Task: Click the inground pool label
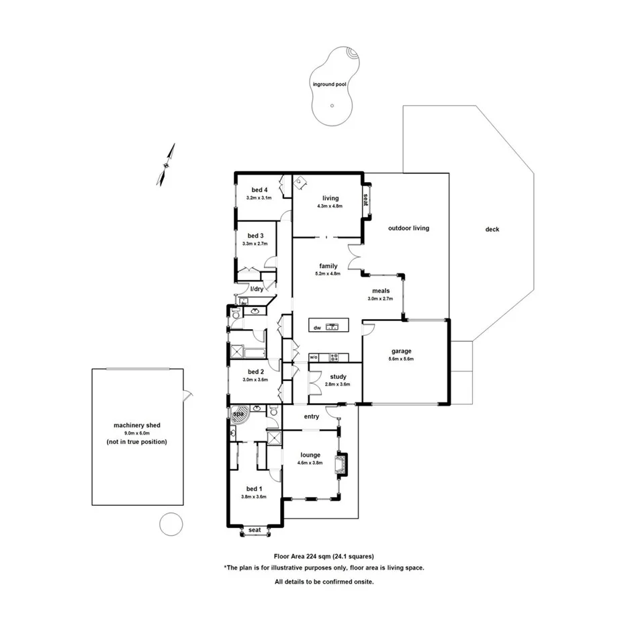coord(330,85)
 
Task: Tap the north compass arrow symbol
coord(166,164)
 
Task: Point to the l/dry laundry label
coord(257,289)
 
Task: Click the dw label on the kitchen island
coord(317,328)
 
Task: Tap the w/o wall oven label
coord(314,357)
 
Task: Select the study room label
coord(338,377)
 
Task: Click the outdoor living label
coord(408,228)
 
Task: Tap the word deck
coord(492,229)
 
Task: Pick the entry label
coord(311,416)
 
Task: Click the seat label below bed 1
coord(255,530)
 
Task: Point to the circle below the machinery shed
coord(171,523)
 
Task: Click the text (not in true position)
coord(136,442)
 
